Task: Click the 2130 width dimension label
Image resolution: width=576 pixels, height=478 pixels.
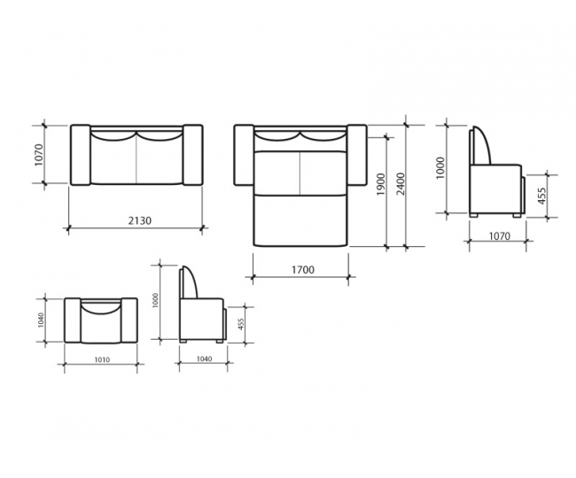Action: coord(140,220)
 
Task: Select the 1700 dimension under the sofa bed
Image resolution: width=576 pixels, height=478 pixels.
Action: coord(303,270)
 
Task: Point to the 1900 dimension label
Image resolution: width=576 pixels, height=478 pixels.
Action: coord(381,184)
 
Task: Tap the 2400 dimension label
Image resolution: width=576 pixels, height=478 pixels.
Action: coord(401,184)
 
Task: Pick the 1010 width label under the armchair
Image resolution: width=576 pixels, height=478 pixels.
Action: coord(102,360)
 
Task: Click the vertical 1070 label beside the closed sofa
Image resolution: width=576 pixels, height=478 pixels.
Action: coord(39,155)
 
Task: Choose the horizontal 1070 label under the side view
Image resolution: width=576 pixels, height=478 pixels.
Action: coord(500,235)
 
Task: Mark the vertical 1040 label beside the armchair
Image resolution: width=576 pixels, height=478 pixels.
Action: coord(41,320)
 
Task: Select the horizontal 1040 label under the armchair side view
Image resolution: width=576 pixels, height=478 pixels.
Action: coord(204,358)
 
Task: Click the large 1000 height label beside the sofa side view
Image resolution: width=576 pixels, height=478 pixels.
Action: coord(440,168)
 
